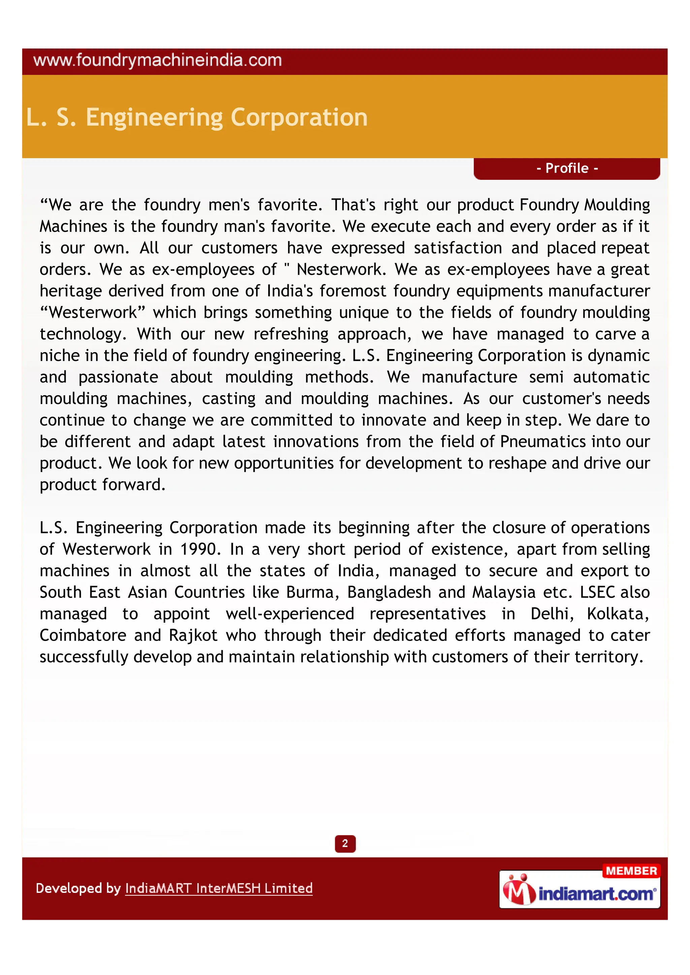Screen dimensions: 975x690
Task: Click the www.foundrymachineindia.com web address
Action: (x=157, y=61)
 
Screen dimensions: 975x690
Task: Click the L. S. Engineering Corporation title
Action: (x=197, y=117)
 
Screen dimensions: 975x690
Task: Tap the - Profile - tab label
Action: (x=567, y=168)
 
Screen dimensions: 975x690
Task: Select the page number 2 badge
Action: (x=345, y=843)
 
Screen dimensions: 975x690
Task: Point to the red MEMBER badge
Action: (x=631, y=871)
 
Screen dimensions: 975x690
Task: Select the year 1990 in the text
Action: (x=200, y=549)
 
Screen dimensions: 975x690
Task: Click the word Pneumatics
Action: (x=537, y=442)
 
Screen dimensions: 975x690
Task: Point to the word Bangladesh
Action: (x=389, y=593)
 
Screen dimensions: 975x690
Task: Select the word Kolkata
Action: (x=618, y=614)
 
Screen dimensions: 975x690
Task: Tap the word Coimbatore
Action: (x=83, y=635)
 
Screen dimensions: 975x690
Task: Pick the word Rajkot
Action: (x=193, y=635)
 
